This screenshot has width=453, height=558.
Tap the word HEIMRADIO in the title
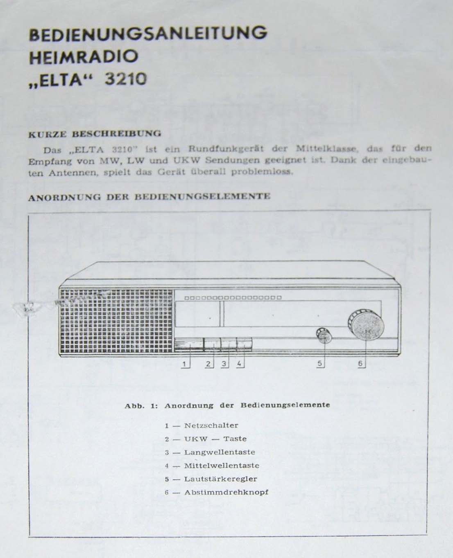[83, 57]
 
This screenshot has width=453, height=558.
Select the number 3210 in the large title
[125, 79]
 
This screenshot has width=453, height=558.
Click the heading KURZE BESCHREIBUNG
[94, 133]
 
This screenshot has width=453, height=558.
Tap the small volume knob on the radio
[324, 335]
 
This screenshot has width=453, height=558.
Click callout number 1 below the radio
[185, 363]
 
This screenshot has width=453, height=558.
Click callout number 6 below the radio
[360, 363]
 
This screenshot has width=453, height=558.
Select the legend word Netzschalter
[211, 425]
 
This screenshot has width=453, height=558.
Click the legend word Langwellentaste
[220, 452]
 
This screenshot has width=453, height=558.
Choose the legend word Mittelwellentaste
[222, 466]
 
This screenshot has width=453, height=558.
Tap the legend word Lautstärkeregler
[221, 479]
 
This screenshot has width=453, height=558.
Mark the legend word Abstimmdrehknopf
[226, 492]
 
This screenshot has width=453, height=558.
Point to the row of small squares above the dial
[233, 298]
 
